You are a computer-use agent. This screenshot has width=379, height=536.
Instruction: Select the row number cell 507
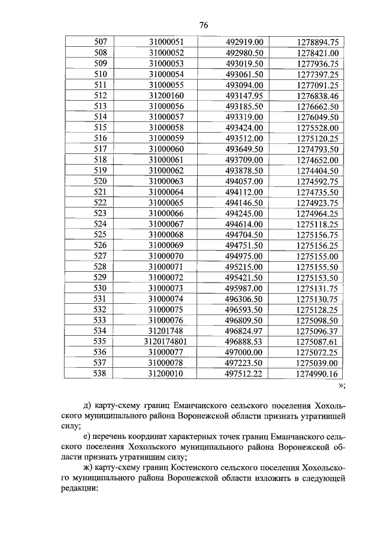click(101, 42)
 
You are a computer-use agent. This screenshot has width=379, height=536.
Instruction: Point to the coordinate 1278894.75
click(316, 42)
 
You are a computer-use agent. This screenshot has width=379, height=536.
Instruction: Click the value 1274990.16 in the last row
click(316, 374)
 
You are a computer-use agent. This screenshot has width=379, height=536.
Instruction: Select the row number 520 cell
click(101, 181)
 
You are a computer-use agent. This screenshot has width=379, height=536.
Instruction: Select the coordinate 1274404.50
click(316, 170)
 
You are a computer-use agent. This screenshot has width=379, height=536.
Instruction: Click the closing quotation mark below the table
click(341, 386)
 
